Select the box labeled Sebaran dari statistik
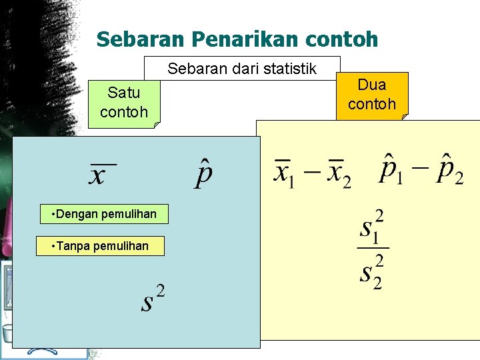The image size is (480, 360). coord(242,69)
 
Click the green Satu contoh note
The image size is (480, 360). coord(124,103)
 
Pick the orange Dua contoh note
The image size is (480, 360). coord(372,95)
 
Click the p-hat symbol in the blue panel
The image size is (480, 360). coord(205,173)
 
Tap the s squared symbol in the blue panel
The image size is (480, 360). coord(153,299)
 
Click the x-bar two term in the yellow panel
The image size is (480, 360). coord(338,173)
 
